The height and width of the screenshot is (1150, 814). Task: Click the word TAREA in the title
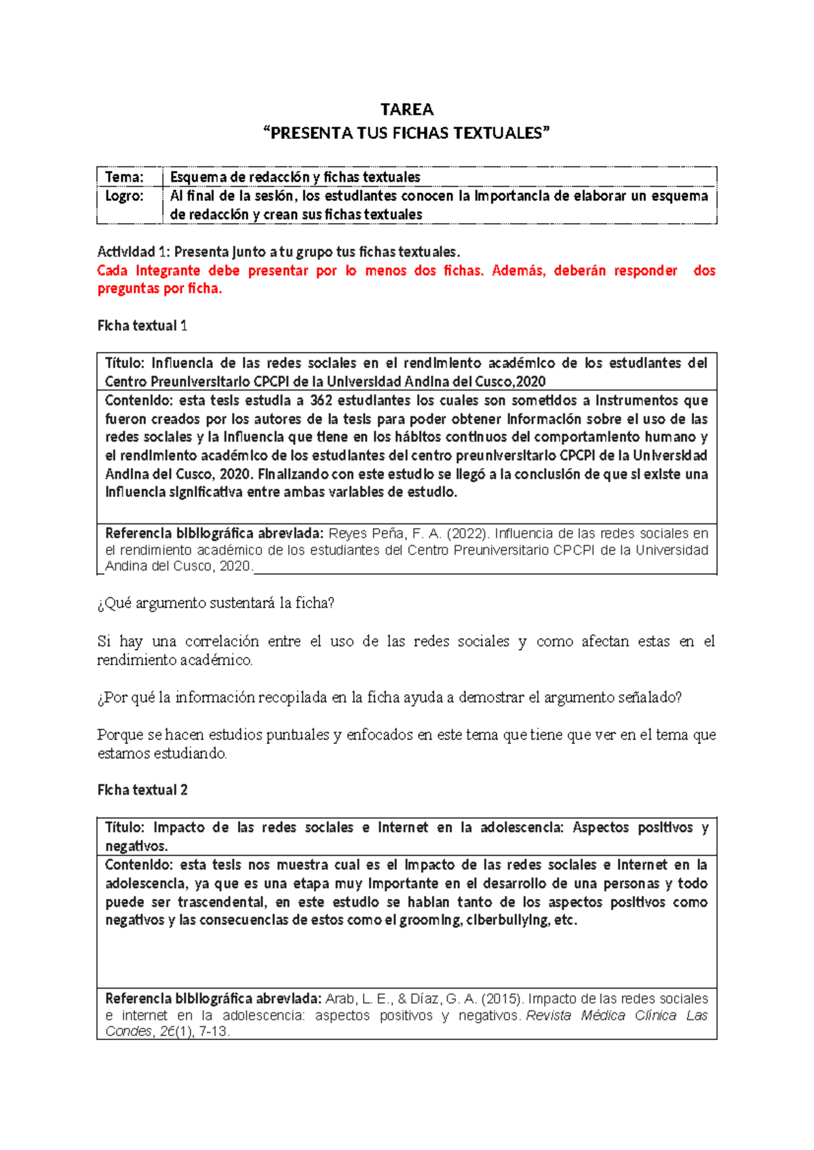coord(406,110)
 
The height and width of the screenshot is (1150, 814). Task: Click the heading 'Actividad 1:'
coord(134,252)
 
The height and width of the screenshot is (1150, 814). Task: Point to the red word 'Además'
coord(518,271)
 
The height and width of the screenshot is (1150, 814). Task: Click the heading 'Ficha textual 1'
coord(142,326)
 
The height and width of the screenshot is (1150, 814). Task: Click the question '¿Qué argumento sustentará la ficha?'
coord(216,603)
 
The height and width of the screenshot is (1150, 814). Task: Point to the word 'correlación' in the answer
coord(222,641)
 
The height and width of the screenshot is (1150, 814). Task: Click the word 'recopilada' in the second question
coord(292,698)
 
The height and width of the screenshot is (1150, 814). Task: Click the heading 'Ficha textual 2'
coord(142,790)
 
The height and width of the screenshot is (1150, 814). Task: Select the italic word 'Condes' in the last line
coord(128,1031)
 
